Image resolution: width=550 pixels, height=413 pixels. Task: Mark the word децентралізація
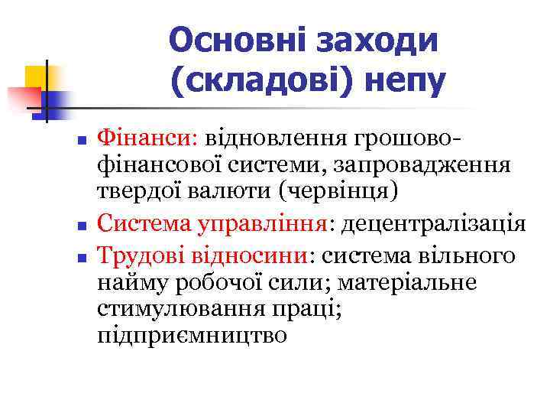(x=433, y=224)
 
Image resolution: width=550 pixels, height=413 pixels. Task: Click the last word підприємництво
(x=192, y=336)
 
